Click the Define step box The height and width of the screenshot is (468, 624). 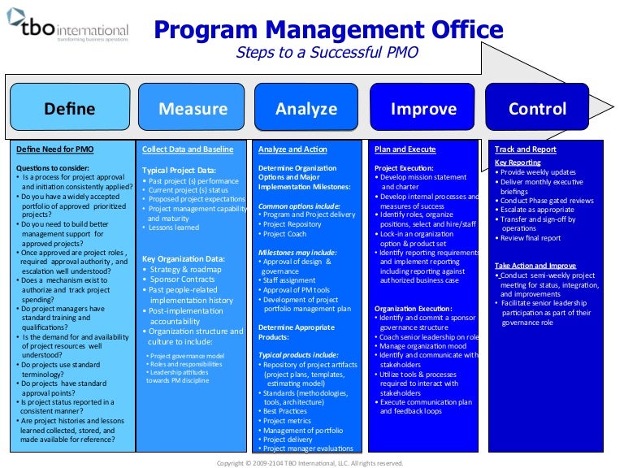click(x=69, y=109)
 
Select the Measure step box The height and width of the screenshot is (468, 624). click(x=193, y=109)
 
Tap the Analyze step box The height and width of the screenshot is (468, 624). click(x=306, y=109)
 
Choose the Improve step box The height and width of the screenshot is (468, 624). click(x=423, y=109)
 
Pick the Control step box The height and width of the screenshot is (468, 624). click(x=537, y=109)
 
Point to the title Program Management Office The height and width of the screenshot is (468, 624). click(x=328, y=31)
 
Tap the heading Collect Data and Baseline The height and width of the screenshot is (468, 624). click(x=188, y=149)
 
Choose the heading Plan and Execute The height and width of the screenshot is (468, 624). click(x=405, y=149)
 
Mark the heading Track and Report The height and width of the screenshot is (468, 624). click(x=526, y=149)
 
